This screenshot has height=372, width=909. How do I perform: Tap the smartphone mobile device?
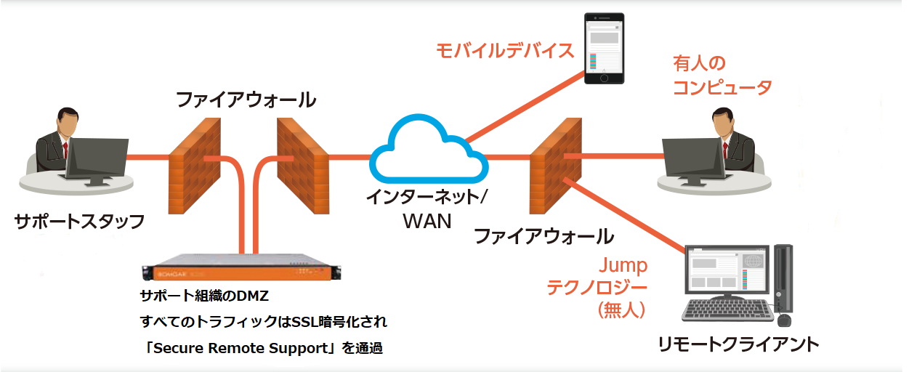(x=605, y=49)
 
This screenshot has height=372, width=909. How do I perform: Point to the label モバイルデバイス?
(x=505, y=51)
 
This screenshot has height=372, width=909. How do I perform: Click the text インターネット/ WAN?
(x=427, y=208)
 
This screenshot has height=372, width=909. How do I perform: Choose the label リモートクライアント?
(x=737, y=343)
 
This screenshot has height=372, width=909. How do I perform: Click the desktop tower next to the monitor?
(x=783, y=280)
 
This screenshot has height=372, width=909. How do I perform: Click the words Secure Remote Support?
(x=241, y=347)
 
